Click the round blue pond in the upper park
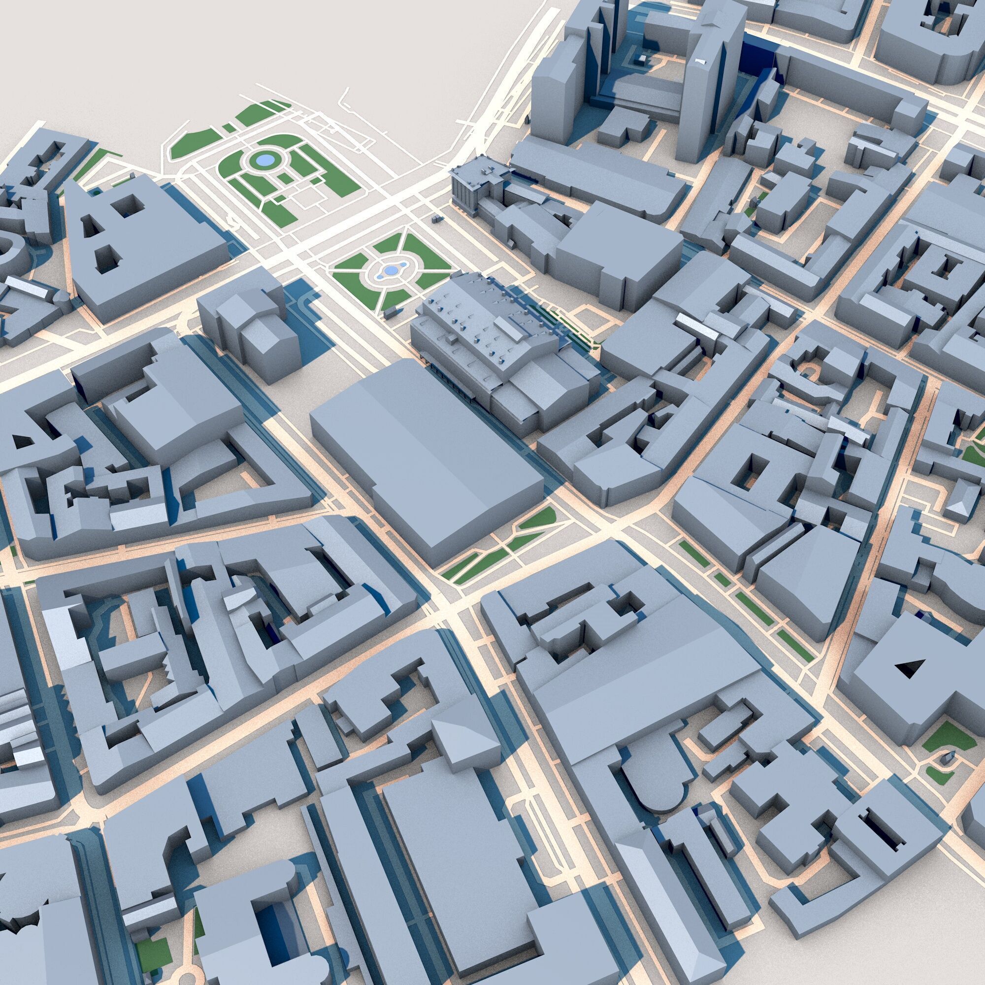point(263,161)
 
